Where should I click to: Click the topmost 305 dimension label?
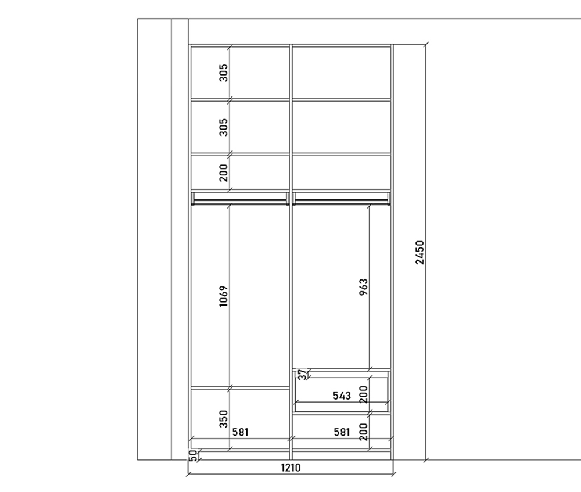[x=224, y=73]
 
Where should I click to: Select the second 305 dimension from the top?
[x=224, y=127]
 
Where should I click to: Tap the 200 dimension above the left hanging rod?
[x=224, y=173]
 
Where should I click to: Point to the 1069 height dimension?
[x=224, y=296]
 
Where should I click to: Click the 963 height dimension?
[x=364, y=287]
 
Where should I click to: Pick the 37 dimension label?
[x=303, y=374]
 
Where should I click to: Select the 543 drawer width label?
[x=342, y=396]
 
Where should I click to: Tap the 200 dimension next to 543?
[x=364, y=394]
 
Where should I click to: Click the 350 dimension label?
[x=224, y=419]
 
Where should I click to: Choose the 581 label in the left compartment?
[x=241, y=432]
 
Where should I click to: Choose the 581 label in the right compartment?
[x=342, y=432]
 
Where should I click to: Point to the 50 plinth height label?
[x=193, y=455]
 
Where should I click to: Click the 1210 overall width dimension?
[x=290, y=468]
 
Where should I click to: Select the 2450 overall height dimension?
[x=419, y=252]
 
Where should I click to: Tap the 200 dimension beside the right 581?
[x=364, y=432]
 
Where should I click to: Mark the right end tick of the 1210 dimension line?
[x=393, y=474]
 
